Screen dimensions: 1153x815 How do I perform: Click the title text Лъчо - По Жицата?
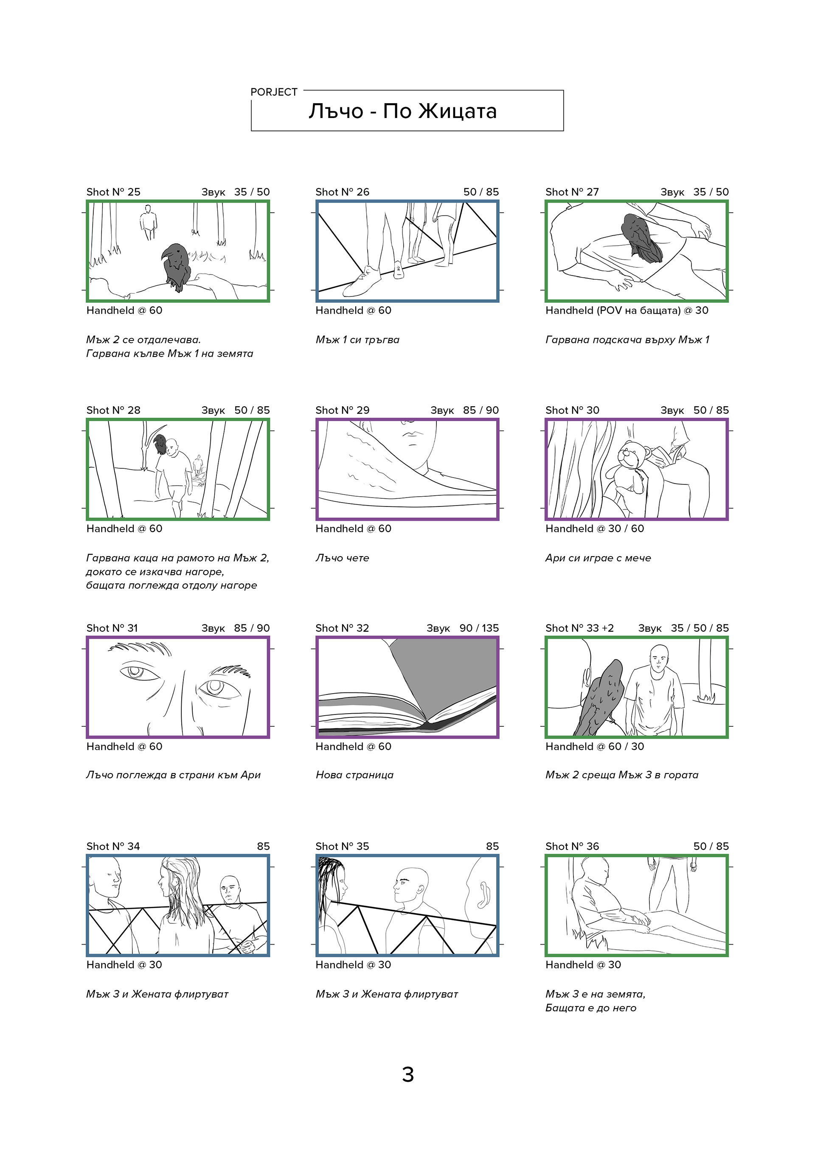[402, 111]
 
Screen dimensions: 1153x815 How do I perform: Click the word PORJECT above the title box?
[274, 92]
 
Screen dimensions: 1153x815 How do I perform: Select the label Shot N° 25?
[113, 192]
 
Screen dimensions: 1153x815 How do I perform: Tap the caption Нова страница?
[354, 775]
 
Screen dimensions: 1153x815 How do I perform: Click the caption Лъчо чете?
[342, 558]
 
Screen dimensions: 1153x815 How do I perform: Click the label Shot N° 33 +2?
[579, 628]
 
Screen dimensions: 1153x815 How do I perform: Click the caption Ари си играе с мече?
[598, 558]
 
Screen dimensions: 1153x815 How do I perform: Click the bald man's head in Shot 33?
[659, 657]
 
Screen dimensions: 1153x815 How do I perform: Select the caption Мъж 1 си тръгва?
[357, 340]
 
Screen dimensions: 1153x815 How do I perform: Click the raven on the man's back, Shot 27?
[641, 238]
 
